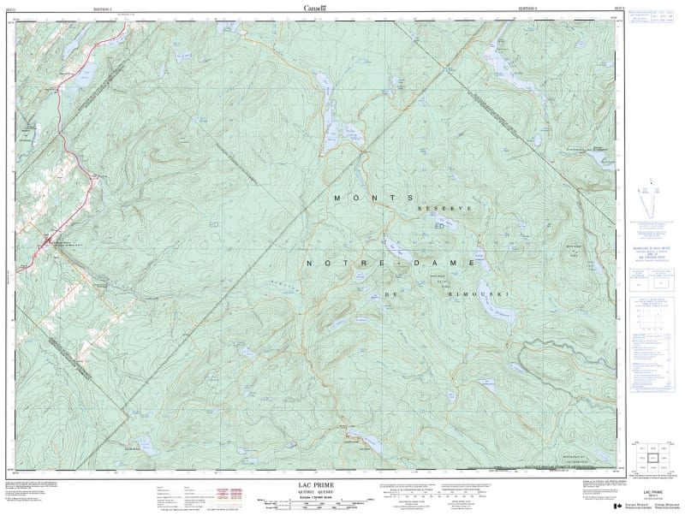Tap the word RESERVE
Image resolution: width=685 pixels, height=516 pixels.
tap(444, 209)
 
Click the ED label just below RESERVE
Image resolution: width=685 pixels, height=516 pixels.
tap(440, 227)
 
